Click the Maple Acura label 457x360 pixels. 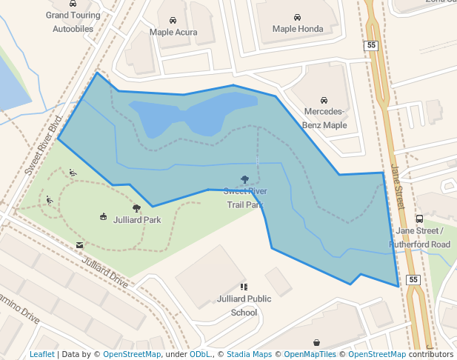point(173,33)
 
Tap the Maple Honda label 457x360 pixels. point(298,29)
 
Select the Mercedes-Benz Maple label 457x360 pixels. point(324,119)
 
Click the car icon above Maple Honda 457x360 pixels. point(297,17)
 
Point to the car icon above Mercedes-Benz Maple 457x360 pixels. point(324,100)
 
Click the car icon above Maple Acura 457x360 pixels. point(173,21)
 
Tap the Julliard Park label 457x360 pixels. point(137,220)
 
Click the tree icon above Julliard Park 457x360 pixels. point(136,209)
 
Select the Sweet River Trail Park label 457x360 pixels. point(245,198)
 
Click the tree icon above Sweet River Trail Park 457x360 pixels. point(245,179)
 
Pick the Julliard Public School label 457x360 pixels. point(244,306)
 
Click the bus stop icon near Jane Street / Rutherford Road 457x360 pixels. point(419,219)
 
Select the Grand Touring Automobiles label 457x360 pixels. point(73,22)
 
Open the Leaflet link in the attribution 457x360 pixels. point(41,354)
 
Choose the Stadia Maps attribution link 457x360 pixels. point(248,354)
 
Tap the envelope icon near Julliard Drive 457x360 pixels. point(79,244)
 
